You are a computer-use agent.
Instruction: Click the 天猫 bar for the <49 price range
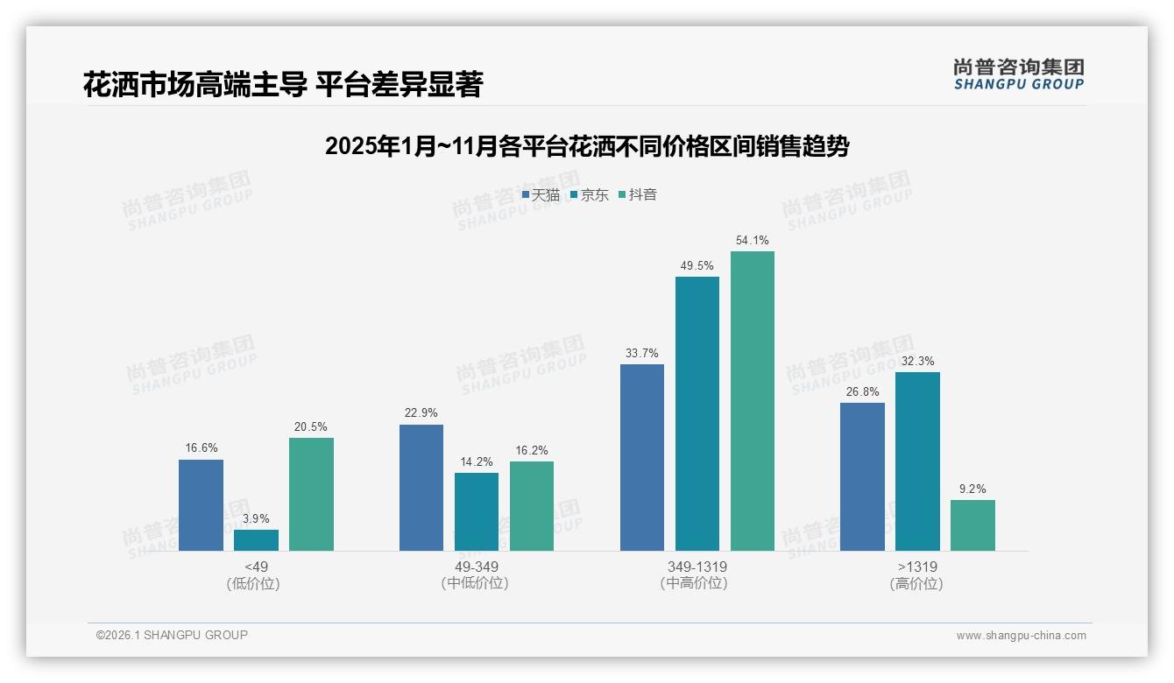(201, 505)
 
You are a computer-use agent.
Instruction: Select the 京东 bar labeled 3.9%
(256, 540)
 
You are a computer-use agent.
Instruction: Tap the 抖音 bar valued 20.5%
(311, 494)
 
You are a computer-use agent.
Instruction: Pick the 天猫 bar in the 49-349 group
(421, 488)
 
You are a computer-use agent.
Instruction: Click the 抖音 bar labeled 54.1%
(753, 401)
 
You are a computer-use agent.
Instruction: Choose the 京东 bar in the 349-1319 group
(697, 413)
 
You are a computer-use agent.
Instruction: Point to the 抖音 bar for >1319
(972, 525)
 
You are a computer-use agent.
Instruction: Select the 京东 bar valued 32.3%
(917, 461)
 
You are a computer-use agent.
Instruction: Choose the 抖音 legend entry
(638, 195)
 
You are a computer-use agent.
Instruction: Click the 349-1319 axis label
(697, 567)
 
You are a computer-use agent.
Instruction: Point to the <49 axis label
(256, 567)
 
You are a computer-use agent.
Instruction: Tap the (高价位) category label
(916, 584)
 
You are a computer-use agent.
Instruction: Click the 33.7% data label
(642, 353)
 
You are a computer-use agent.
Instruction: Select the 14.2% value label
(477, 461)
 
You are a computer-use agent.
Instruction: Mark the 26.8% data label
(862, 391)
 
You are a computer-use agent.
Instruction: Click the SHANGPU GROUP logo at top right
(1018, 74)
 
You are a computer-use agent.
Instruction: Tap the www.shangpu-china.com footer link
(1021, 636)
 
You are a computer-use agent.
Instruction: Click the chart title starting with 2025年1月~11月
(587, 147)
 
